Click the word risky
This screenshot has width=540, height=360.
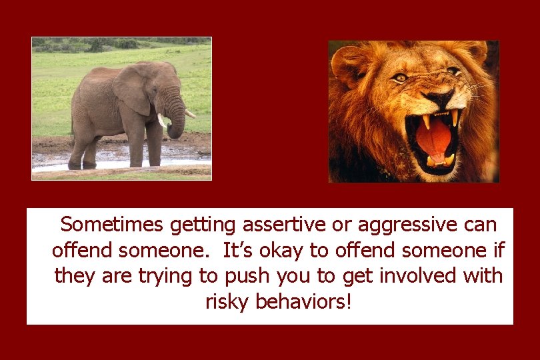228,302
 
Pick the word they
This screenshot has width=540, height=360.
75,275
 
